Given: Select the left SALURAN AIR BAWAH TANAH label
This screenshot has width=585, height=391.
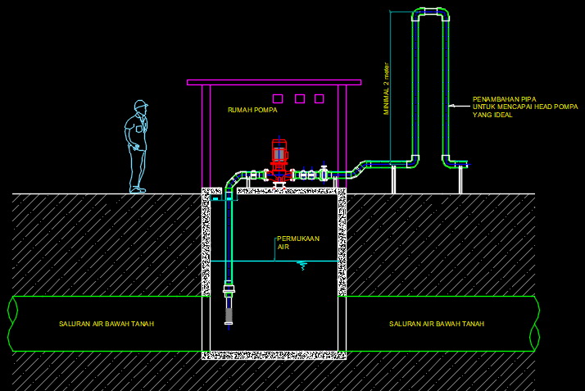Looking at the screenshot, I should (x=107, y=324).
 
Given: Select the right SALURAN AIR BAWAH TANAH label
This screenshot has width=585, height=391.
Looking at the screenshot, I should (x=437, y=324).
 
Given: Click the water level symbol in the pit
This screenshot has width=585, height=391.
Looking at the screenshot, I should (x=302, y=265).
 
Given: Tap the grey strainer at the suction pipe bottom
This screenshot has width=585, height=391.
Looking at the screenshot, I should (x=229, y=313).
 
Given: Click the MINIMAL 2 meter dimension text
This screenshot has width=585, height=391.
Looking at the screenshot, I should (x=387, y=89).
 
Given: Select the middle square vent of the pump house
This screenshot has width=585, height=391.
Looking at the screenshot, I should (x=299, y=99).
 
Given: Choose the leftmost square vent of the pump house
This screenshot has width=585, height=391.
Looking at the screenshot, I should (x=278, y=99).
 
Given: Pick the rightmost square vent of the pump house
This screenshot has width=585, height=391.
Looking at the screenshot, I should (x=320, y=99).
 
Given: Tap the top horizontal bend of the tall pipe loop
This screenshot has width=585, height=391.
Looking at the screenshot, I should (x=430, y=15).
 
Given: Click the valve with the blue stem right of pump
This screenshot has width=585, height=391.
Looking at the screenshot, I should (x=324, y=173).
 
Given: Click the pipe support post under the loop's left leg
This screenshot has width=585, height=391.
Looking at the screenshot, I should (x=395, y=180).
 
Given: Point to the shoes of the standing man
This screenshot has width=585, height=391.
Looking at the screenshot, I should (x=137, y=189).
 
